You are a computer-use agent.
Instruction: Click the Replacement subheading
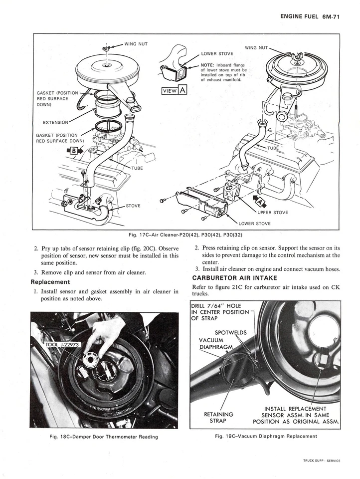point(50,282)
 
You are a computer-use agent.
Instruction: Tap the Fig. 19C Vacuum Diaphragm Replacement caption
point(266,436)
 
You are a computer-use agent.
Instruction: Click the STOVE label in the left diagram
point(133,205)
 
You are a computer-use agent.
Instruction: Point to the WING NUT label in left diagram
point(136,44)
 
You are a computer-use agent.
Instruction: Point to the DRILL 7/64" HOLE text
point(216,306)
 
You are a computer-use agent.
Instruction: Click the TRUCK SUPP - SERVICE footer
point(321,461)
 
